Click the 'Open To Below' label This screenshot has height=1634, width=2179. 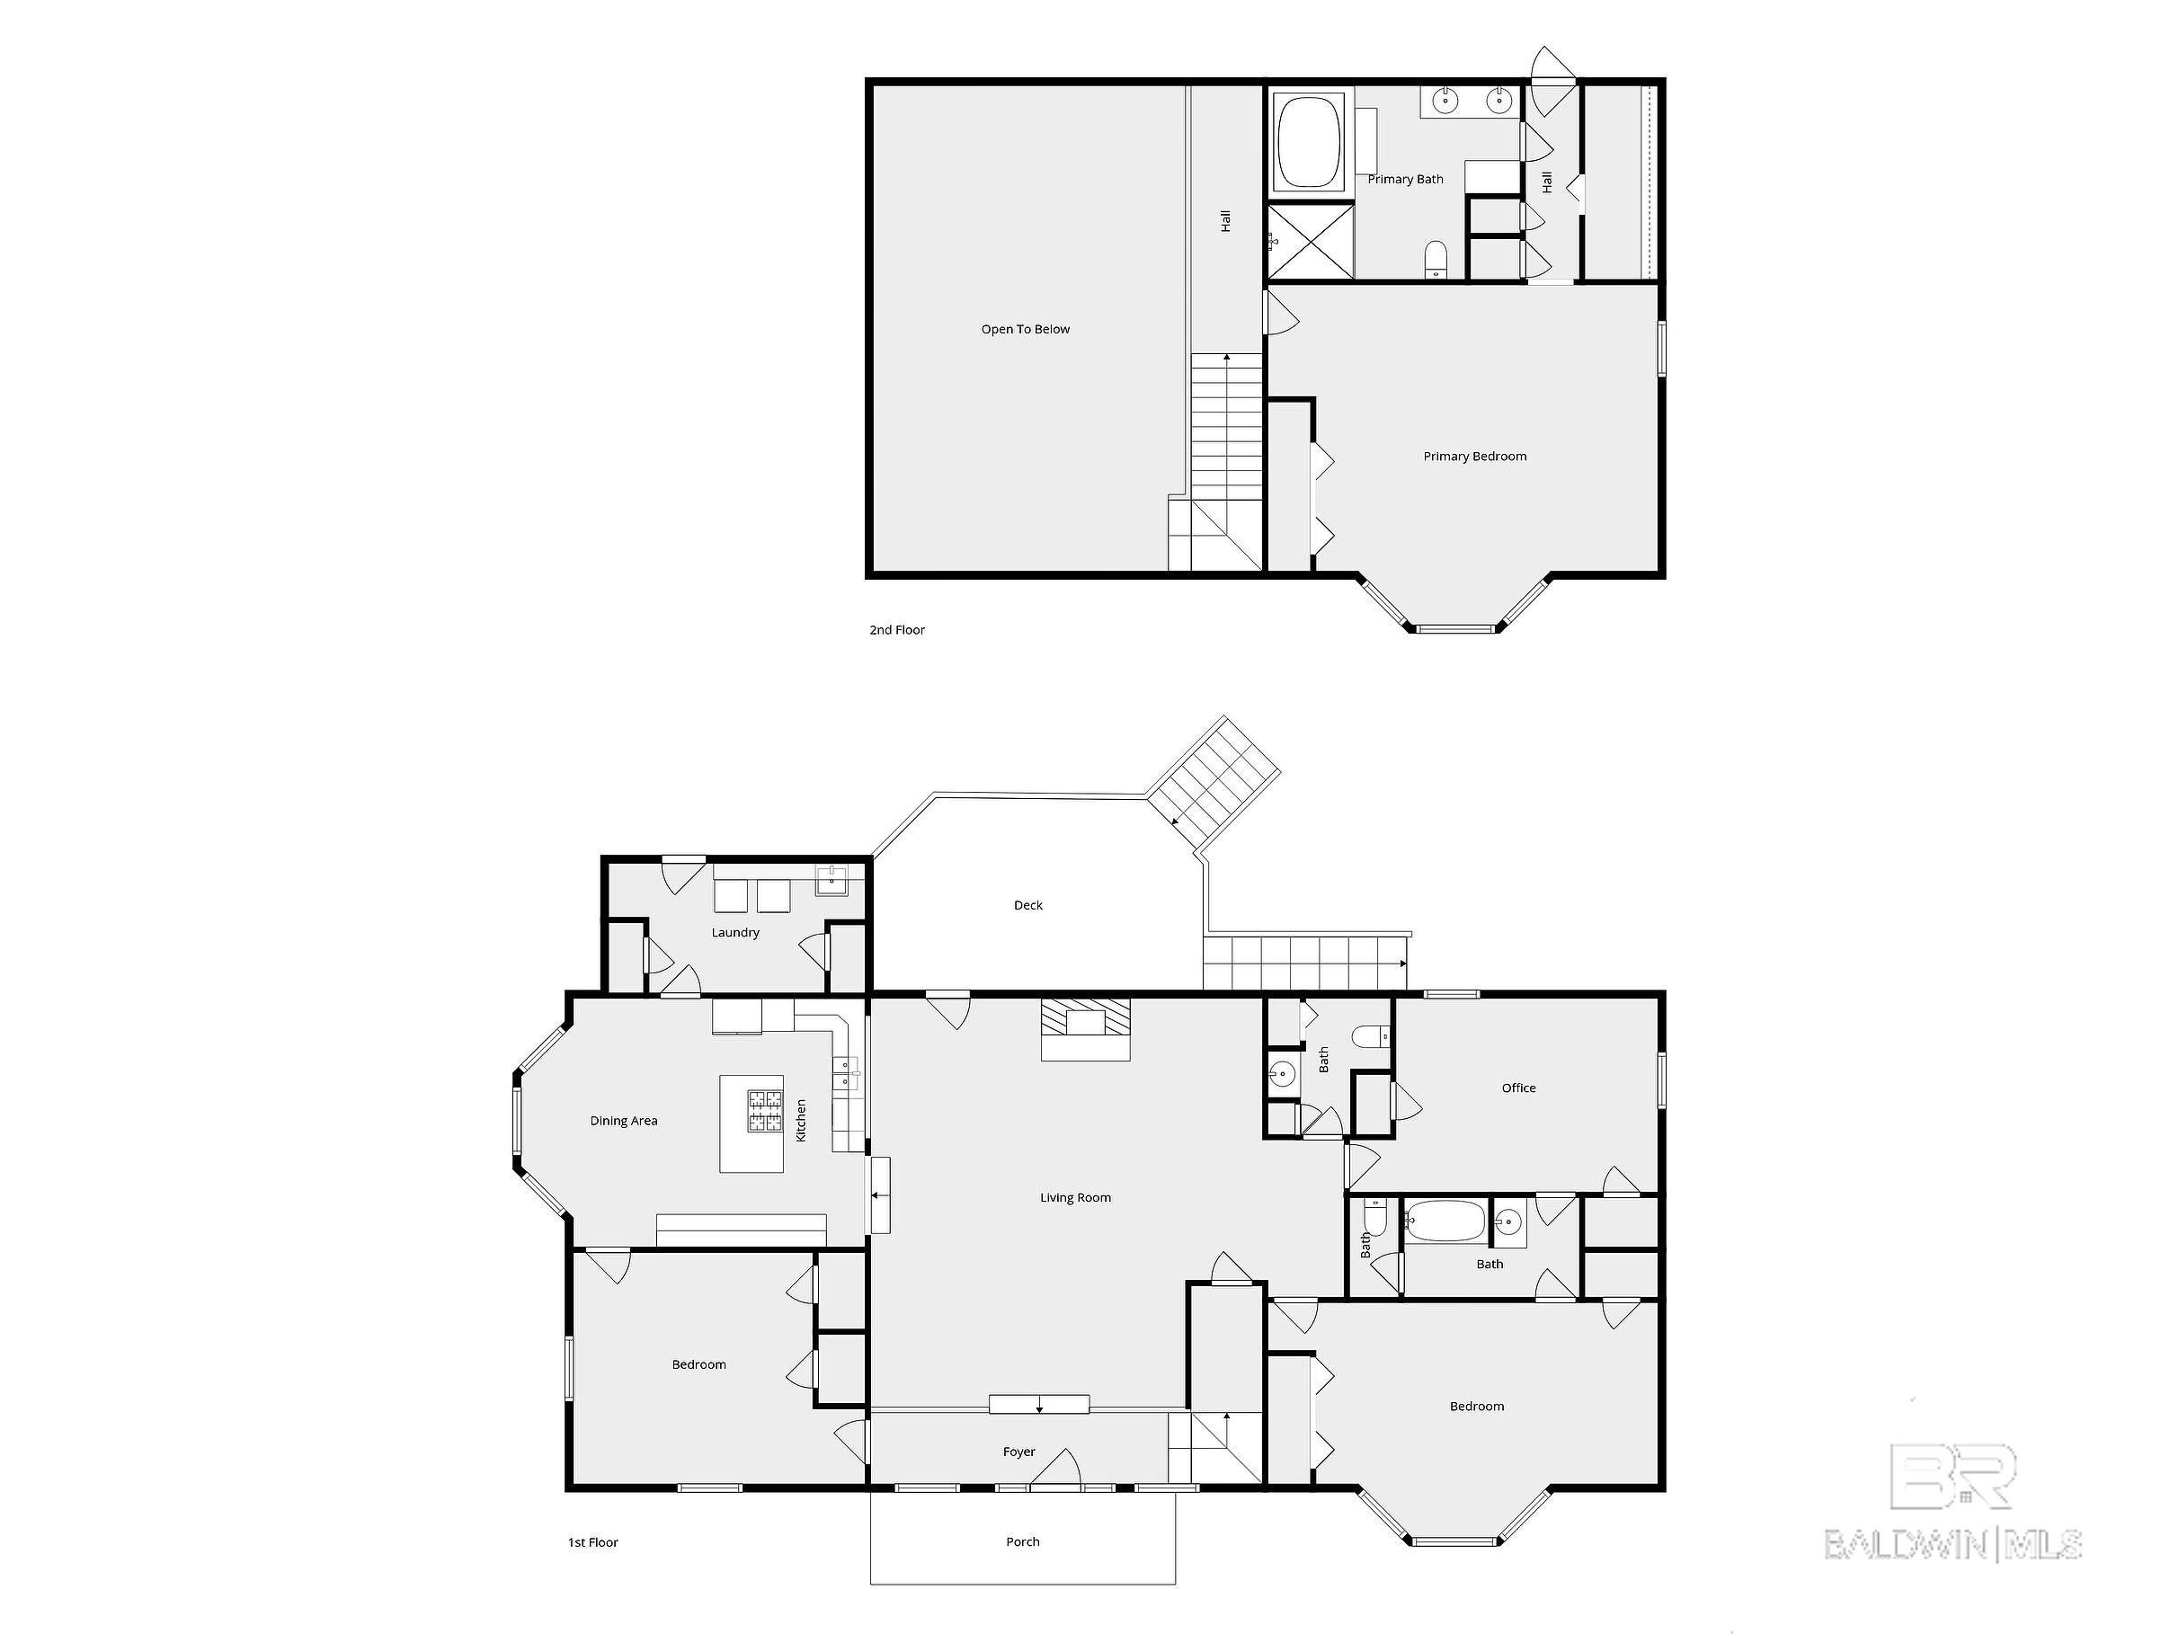click(1025, 329)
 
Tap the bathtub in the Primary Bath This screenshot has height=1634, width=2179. click(1310, 142)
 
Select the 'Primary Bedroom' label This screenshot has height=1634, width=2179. click(1474, 456)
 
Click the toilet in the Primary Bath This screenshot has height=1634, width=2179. click(1436, 259)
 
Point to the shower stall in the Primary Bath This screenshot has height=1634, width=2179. click(1309, 241)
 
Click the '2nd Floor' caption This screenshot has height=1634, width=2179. click(896, 629)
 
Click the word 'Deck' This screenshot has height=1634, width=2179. click(1027, 905)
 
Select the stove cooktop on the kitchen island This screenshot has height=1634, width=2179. click(764, 1111)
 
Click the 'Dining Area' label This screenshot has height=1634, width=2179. click(624, 1120)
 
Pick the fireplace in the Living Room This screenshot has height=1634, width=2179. click(1086, 1029)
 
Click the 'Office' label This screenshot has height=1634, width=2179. click(1518, 1088)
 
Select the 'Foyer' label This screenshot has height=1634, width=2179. click(1018, 1452)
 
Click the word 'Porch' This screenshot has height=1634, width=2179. click(1022, 1541)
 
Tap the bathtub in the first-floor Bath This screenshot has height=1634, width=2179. click(1445, 1221)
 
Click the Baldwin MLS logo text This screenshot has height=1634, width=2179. click(1953, 1544)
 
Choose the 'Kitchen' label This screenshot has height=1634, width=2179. click(801, 1121)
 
